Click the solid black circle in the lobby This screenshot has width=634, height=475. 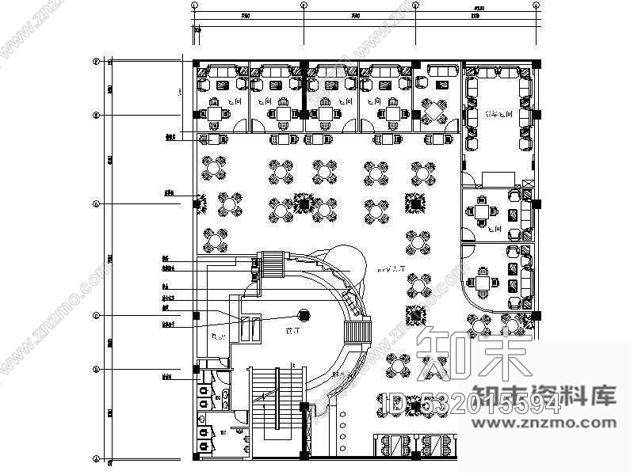304,315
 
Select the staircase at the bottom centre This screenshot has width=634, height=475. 276,404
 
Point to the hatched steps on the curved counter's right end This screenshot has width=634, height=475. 358,331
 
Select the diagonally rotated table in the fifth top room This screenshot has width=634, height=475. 433,111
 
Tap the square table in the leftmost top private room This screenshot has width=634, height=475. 215,113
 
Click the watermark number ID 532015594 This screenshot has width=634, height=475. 472,406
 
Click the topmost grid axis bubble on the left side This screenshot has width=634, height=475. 96,61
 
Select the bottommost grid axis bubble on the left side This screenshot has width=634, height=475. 96,459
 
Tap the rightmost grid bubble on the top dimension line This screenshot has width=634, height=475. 539,4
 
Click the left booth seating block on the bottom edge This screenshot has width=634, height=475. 393,446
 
